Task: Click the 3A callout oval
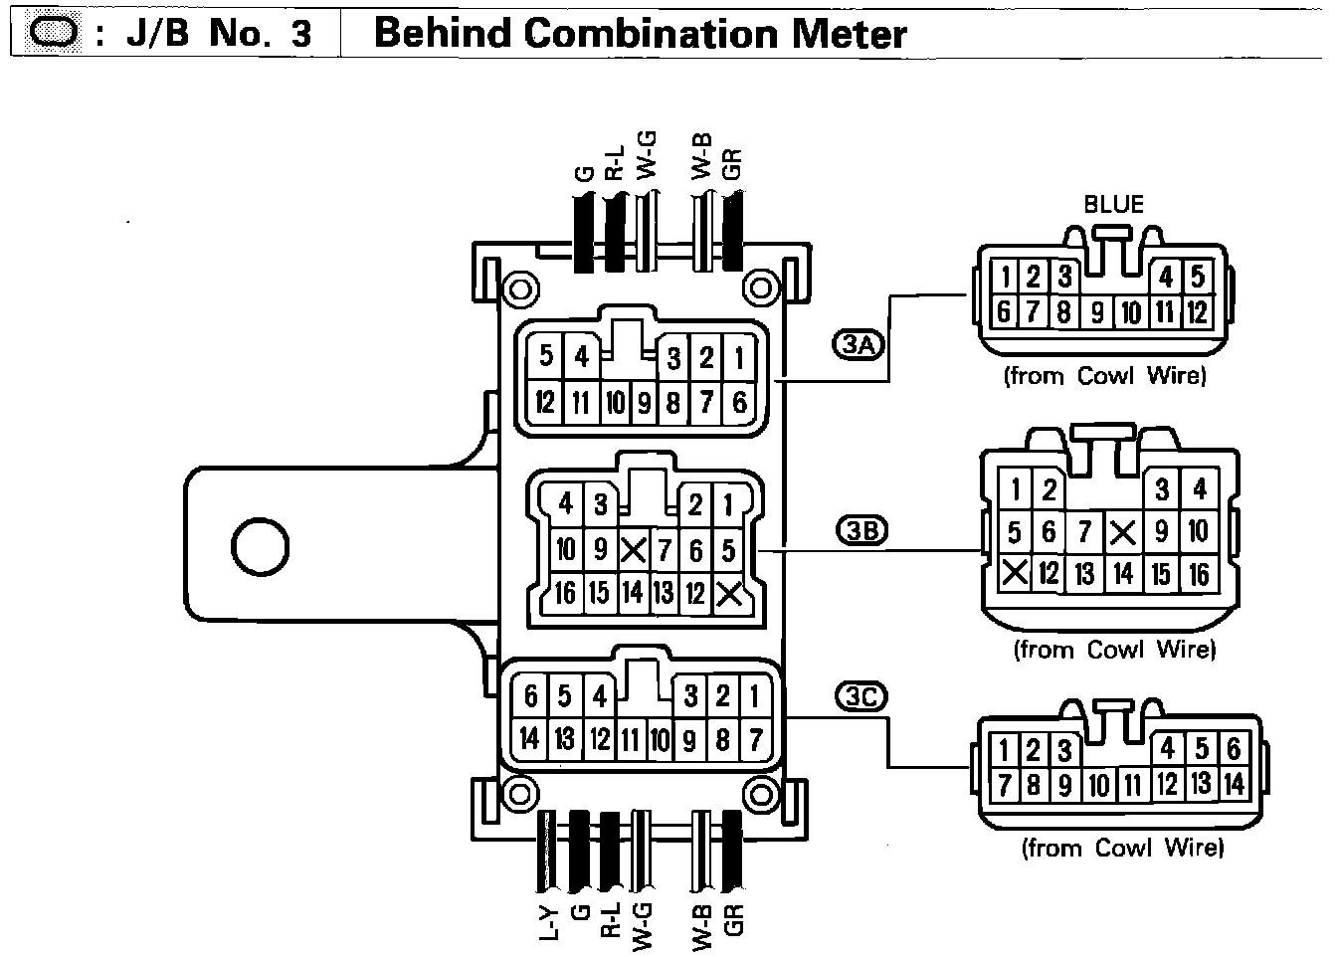point(858,345)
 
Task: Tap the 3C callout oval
point(860,697)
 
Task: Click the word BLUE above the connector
point(1113,205)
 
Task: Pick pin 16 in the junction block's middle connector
point(566,593)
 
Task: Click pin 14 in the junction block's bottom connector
point(529,739)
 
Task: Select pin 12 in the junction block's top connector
point(545,403)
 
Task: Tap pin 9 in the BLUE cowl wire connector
point(1096,312)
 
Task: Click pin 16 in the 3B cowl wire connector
point(1199,573)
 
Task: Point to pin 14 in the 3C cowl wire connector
point(1234,784)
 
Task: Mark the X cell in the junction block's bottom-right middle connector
point(729,594)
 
